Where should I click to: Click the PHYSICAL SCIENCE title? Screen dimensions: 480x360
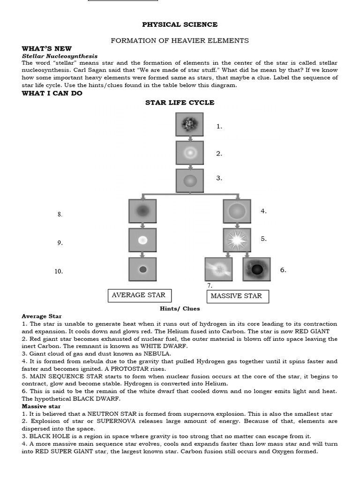[x=180, y=24]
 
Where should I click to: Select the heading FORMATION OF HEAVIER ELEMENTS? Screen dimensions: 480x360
[x=180, y=41]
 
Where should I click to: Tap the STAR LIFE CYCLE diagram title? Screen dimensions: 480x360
[x=180, y=103]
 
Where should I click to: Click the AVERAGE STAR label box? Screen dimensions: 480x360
[x=139, y=295]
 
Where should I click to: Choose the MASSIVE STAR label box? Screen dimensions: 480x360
[x=237, y=296]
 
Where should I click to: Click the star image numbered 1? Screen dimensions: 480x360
[x=189, y=125]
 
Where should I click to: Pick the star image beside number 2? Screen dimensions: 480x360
[x=189, y=153]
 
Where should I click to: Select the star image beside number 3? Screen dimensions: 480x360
[x=189, y=180]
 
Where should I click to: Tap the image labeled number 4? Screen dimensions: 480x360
[x=237, y=211]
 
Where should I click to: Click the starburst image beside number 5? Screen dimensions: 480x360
[x=237, y=240]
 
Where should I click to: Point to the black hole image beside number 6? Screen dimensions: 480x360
[x=256, y=269]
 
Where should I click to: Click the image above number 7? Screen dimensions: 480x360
[x=218, y=269]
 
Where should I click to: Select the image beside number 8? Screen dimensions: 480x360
[x=142, y=211]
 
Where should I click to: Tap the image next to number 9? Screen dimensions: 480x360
[x=142, y=240]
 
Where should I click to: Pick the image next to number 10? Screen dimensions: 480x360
[x=142, y=269]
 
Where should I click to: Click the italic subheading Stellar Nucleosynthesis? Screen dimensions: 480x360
[x=60, y=56]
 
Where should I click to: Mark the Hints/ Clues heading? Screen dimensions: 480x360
[x=180, y=308]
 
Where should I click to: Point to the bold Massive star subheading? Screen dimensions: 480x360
[x=41, y=406]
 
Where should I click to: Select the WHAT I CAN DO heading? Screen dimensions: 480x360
[x=52, y=93]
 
